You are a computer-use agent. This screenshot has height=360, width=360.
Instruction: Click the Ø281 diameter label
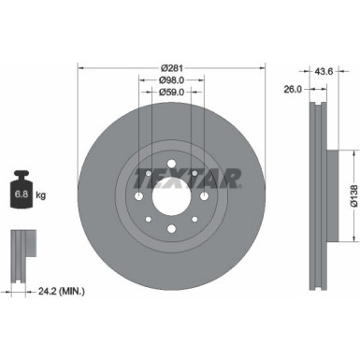coord(170,67)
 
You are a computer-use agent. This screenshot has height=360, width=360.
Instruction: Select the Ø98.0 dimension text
coord(170,79)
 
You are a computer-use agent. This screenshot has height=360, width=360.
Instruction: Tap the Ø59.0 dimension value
coord(170,92)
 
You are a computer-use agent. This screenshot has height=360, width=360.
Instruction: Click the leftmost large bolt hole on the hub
coord(137,182)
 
